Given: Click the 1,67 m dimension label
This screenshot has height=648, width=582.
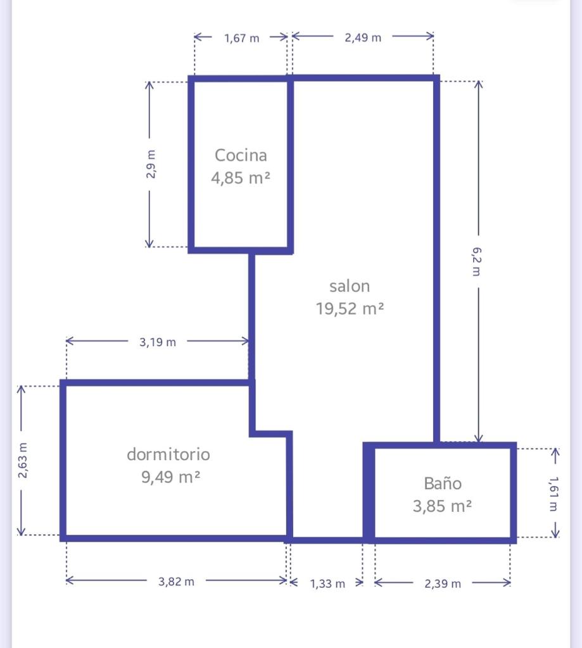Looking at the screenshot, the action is point(241,38).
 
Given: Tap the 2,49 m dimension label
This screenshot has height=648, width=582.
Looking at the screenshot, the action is point(363,37).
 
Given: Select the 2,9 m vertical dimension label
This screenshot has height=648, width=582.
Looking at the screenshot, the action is point(151,164).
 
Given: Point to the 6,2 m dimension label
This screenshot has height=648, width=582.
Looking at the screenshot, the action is point(477,261).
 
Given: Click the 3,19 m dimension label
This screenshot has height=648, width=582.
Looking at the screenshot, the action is point(158,342).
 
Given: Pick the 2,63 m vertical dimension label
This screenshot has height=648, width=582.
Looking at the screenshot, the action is point(23,461).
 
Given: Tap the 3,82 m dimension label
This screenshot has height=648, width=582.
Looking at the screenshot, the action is point(176,582).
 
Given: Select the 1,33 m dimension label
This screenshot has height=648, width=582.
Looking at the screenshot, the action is point(327,583).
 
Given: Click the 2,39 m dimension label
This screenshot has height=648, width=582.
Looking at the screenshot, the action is point(443,583).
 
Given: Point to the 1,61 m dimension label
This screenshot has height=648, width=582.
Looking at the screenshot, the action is point(554,494).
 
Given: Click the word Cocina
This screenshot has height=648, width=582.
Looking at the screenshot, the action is point(241,156).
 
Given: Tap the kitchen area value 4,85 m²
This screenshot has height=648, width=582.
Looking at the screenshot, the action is point(241,178).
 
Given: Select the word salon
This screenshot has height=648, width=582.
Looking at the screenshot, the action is point(350,286).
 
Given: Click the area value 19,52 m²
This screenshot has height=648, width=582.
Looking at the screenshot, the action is point(350,309).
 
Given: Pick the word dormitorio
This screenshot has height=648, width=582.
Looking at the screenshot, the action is point(168,454).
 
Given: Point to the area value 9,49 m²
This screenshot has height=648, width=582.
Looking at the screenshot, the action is point(171,477).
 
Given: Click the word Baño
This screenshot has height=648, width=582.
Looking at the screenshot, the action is point(443,483).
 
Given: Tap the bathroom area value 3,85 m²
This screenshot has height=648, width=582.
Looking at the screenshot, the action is point(442,506).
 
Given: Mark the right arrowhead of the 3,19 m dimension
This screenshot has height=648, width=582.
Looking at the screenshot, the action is point(245,341).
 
